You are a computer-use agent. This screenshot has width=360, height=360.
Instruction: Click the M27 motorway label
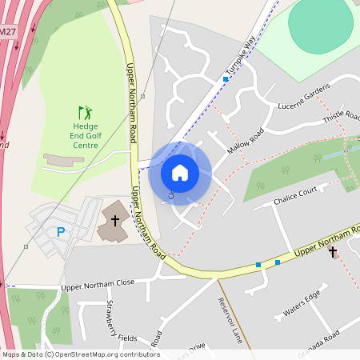point(7,31)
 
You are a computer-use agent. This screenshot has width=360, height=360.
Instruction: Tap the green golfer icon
point(85,113)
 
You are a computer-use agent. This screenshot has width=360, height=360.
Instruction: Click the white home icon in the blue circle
point(180,172)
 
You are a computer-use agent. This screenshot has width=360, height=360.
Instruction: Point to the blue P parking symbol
point(60,233)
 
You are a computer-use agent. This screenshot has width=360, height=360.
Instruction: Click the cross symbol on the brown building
point(115,219)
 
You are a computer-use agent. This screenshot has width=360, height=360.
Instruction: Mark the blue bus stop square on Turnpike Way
point(226,79)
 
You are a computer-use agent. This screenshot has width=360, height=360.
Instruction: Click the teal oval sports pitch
point(320,26)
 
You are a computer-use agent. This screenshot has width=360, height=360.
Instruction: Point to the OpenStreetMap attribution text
point(81,354)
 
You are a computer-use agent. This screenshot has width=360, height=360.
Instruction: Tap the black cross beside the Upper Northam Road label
point(333,252)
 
